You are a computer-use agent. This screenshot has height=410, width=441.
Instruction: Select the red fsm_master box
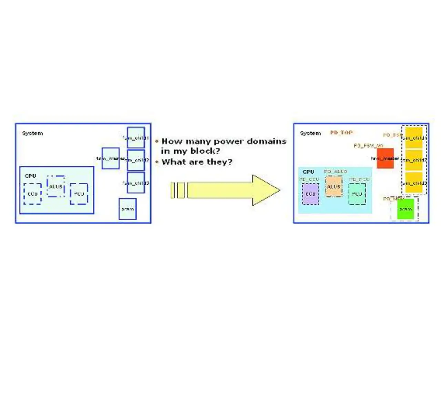[x=385, y=158]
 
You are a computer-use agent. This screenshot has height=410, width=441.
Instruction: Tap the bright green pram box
[x=405, y=209]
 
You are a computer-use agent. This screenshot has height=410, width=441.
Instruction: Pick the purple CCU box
[x=310, y=194]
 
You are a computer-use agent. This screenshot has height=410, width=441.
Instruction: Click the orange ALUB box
[x=334, y=186]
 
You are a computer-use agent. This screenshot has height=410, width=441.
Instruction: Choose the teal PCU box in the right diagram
[x=357, y=194]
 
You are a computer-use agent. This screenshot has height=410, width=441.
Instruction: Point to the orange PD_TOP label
[x=341, y=133]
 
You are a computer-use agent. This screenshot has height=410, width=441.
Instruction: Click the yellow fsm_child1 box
[x=413, y=138]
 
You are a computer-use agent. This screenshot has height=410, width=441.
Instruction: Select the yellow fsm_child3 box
[x=413, y=183]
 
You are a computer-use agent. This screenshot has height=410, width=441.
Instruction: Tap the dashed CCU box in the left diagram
[x=32, y=194]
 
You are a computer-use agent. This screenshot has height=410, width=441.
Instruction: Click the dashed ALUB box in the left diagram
[x=55, y=186]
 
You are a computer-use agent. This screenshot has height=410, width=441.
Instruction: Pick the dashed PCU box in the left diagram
[x=79, y=194]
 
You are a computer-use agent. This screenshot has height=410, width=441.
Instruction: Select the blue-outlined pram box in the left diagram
[x=127, y=209]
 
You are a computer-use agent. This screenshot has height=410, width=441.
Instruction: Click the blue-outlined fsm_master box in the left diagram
[x=111, y=158]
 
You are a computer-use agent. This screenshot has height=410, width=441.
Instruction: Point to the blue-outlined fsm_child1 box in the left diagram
[x=136, y=138]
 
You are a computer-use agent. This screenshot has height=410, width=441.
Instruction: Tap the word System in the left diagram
[x=32, y=133]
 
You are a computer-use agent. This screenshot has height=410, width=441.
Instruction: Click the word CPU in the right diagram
[x=308, y=172]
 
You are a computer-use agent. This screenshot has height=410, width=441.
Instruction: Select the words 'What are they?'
[x=197, y=162]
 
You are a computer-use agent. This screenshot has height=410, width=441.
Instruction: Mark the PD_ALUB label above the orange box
[x=336, y=171]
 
